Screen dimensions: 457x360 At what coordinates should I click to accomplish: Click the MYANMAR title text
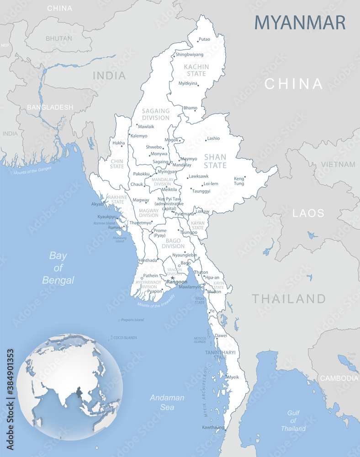coord(300,22)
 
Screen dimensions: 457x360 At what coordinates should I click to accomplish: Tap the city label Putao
coord(205,39)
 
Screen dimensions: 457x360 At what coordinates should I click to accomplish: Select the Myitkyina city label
coord(188,83)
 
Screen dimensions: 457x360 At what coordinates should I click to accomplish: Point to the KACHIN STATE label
coord(196,70)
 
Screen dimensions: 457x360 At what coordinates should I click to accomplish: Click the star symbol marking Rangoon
coord(172,277)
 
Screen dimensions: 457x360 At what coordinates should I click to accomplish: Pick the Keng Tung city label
coord(239,181)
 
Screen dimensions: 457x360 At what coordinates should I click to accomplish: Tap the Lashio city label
coord(213,138)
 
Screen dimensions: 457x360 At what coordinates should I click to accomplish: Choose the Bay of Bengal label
coord(58,268)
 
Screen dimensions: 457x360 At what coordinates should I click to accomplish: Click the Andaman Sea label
coord(167,402)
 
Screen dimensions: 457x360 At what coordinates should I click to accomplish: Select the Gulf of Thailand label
coord(293,420)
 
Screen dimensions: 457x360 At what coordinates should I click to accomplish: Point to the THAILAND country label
coord(289,299)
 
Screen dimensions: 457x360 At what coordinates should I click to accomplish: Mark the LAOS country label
coord(308,213)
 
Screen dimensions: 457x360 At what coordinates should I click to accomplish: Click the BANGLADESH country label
coord(50,107)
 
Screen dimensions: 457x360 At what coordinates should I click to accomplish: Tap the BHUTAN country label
coord(59,38)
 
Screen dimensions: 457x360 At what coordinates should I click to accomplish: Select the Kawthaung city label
coord(213,427)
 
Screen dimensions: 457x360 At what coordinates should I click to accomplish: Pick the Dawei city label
coord(221,335)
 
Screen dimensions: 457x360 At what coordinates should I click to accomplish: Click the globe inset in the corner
coord(69,387)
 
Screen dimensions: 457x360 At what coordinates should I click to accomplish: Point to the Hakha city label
coord(118,143)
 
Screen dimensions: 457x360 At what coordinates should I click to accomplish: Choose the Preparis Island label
coord(132,320)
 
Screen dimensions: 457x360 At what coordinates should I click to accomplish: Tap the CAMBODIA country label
coord(339,378)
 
